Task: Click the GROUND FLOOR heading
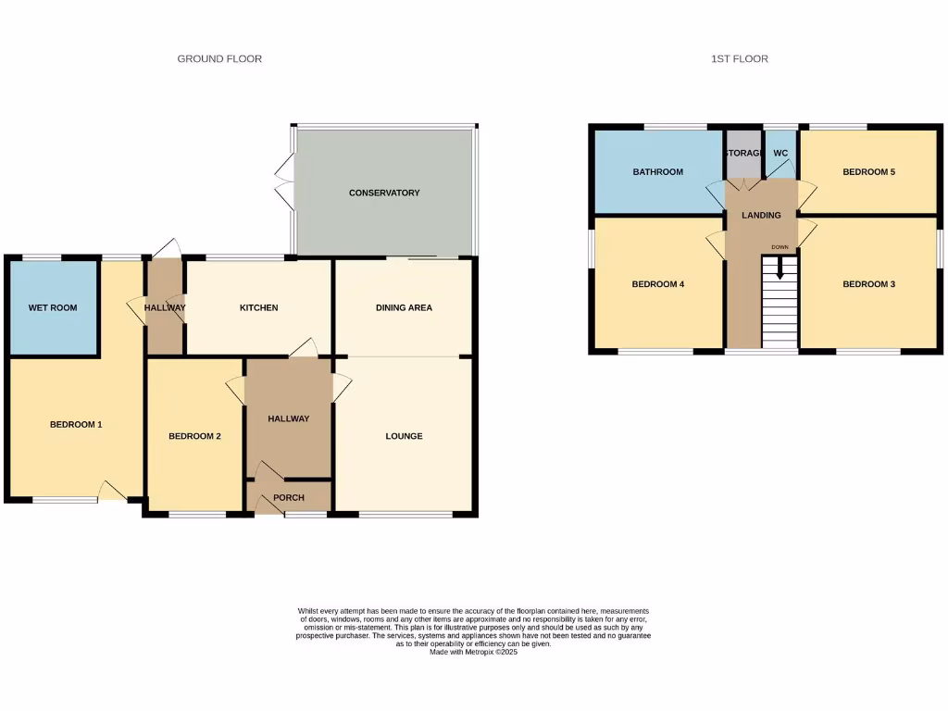click(x=219, y=59)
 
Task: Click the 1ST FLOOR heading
click(x=739, y=59)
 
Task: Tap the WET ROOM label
click(x=53, y=307)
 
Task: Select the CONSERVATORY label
click(x=384, y=193)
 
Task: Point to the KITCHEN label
click(x=258, y=308)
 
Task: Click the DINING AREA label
click(x=404, y=308)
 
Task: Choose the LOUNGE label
click(x=404, y=436)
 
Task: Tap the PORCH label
click(x=288, y=498)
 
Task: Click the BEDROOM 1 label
click(x=75, y=425)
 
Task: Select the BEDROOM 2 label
click(x=194, y=436)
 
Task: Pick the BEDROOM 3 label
click(x=868, y=284)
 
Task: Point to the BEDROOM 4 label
click(x=657, y=284)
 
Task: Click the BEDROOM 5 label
click(x=868, y=172)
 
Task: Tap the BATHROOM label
click(x=657, y=172)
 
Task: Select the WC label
click(x=780, y=153)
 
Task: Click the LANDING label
click(x=761, y=216)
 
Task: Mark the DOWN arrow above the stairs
click(x=780, y=268)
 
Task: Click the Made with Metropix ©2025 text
click(x=473, y=652)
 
